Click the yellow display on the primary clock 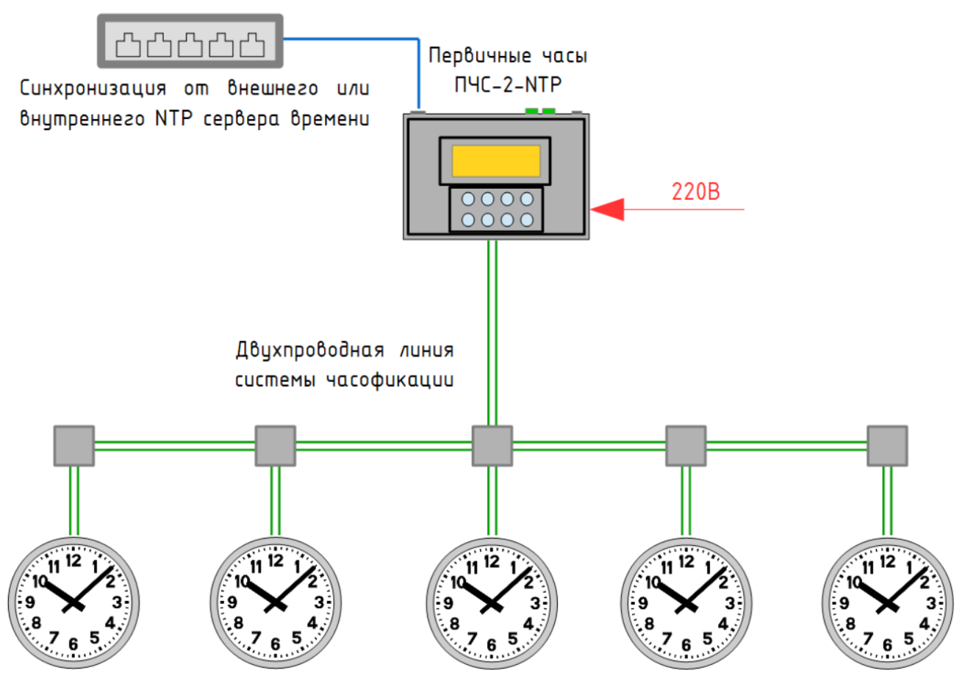coord(496,161)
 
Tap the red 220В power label coord(695,191)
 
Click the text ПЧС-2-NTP coord(508,85)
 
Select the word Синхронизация coord(93,89)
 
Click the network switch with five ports coord(190,42)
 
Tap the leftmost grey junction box coord(74,445)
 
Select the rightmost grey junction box coord(887,445)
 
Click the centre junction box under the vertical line coord(492,445)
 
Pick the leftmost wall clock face coord(74,603)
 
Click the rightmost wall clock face coord(887,603)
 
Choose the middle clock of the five coord(492,603)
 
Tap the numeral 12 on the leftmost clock coord(74,561)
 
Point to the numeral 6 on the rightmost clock coord(887,645)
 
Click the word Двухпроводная coord(309,350)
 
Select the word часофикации coord(390,380)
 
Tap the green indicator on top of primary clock coord(540,112)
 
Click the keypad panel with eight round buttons coord(496,209)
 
